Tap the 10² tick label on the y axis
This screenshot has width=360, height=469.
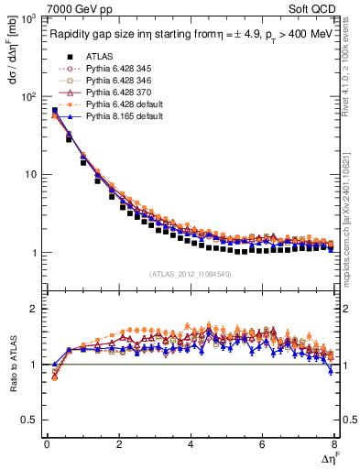coord(29,96)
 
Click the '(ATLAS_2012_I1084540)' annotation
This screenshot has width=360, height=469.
coord(191,274)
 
